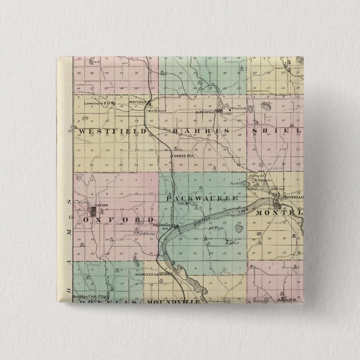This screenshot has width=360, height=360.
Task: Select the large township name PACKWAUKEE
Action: click(x=202, y=198)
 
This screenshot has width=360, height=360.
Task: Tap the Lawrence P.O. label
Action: click(x=101, y=103)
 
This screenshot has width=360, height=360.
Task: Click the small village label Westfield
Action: click(x=137, y=102)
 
